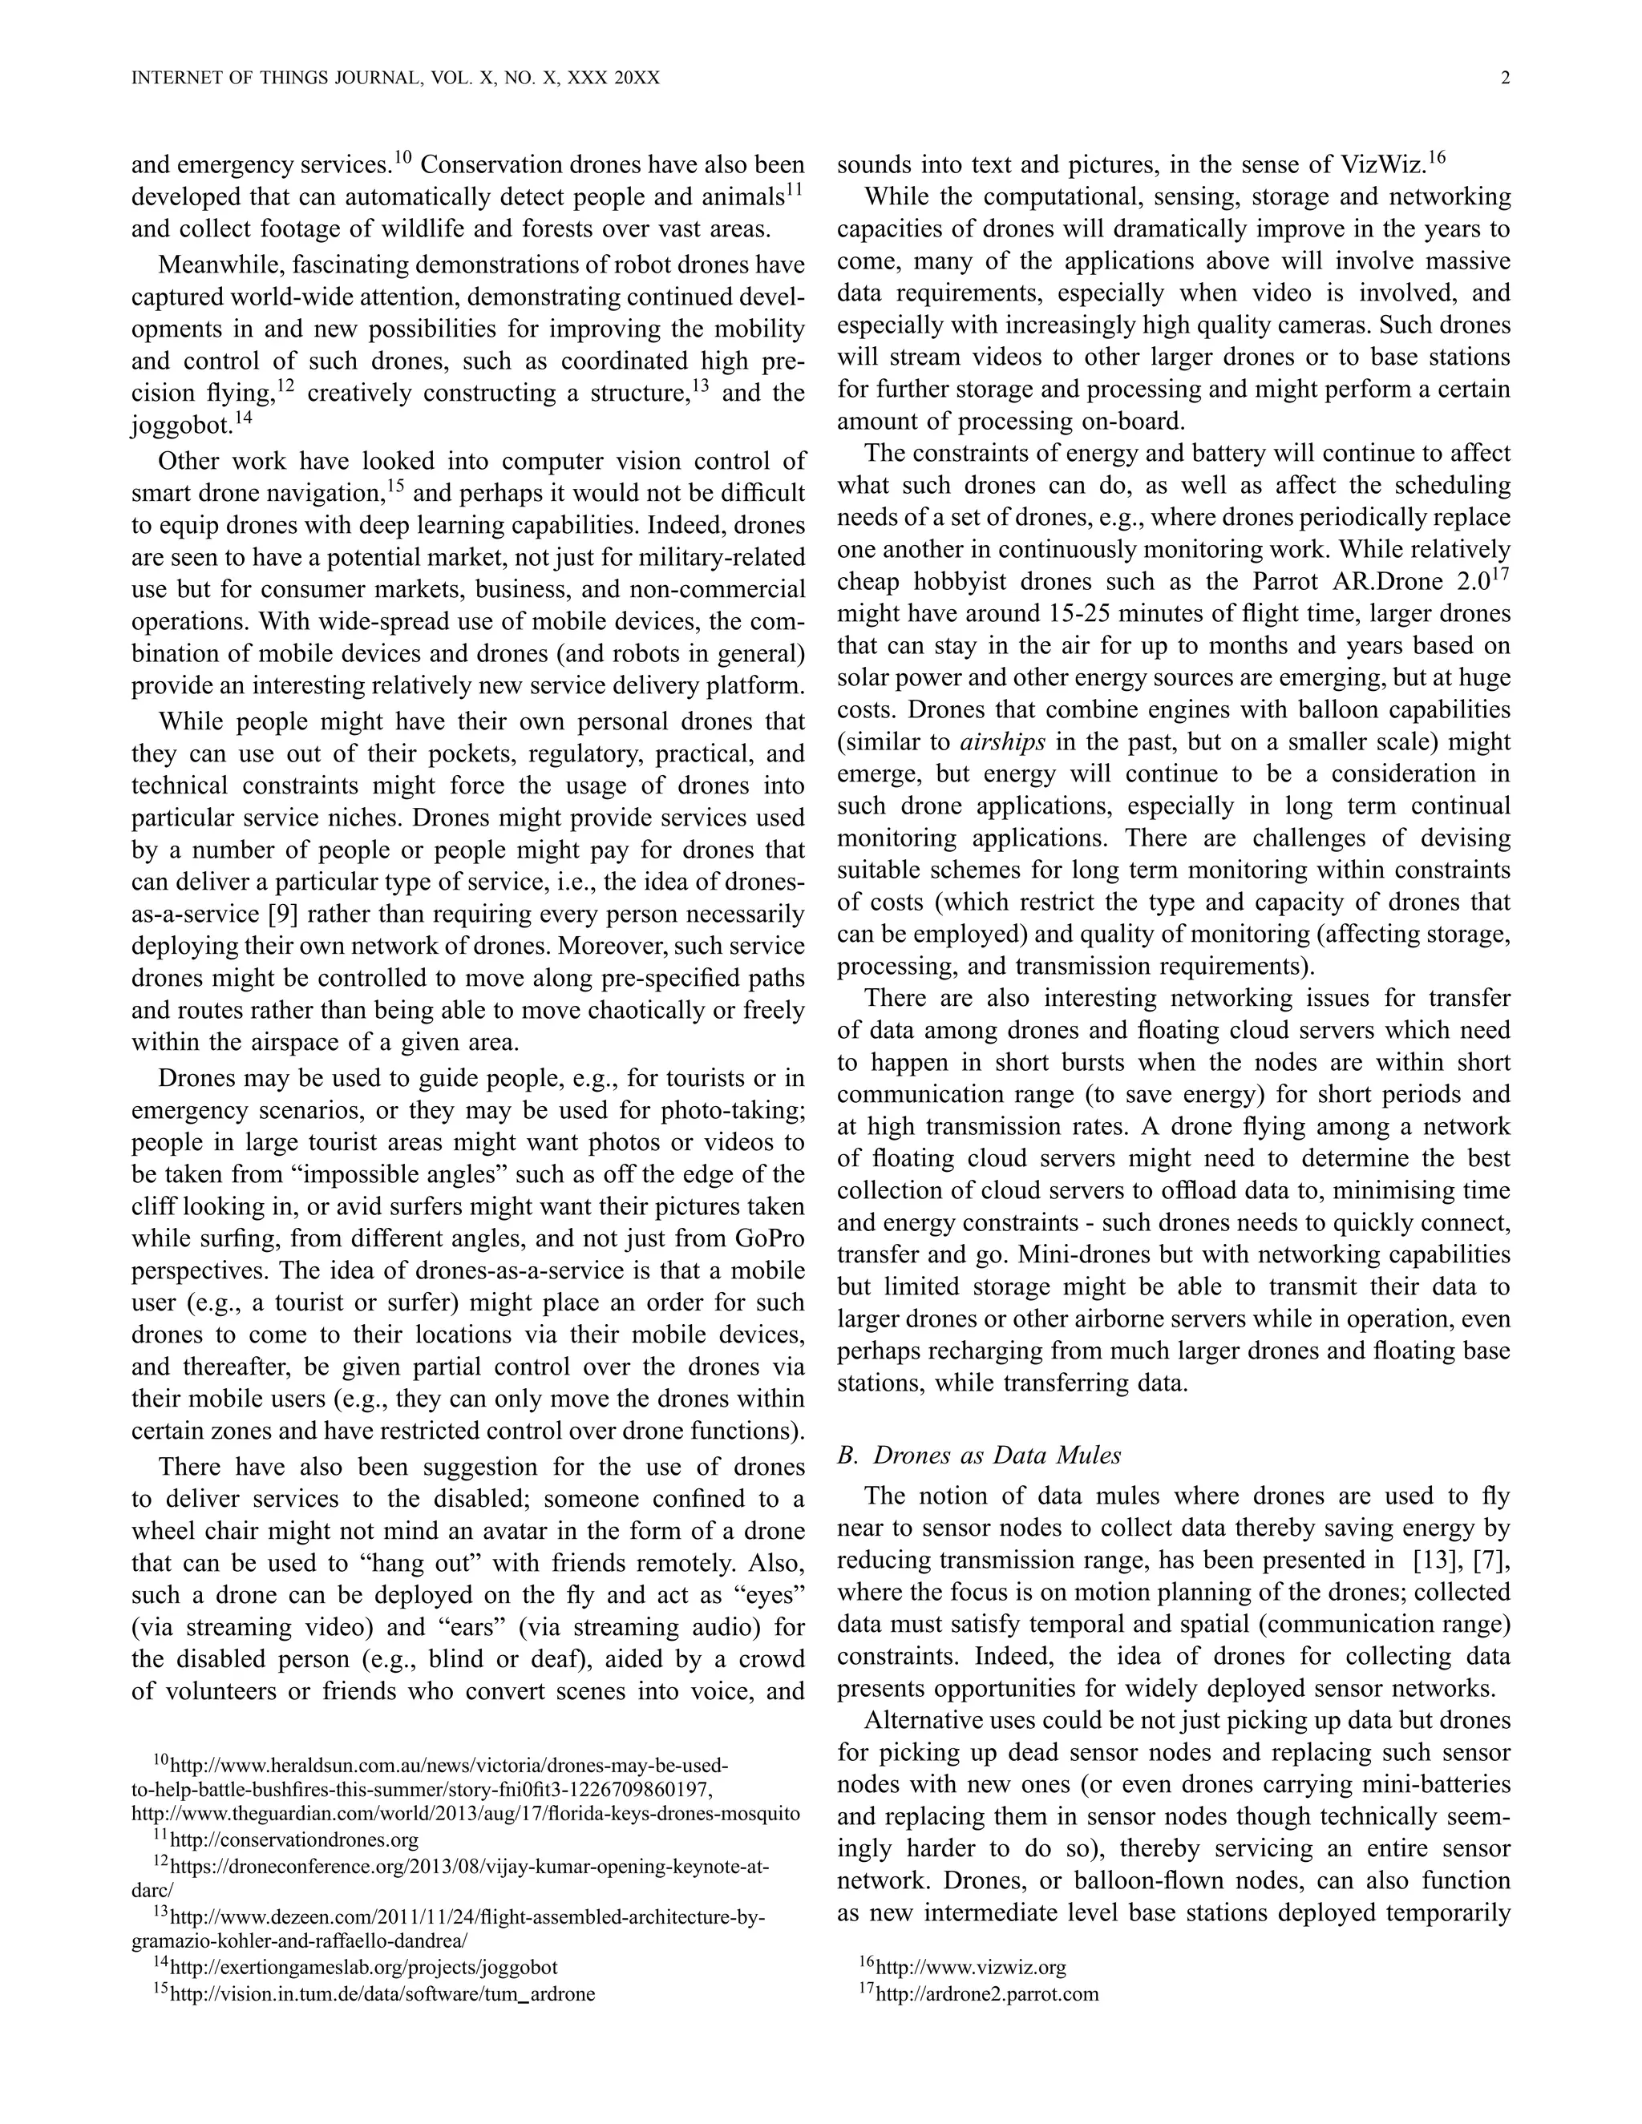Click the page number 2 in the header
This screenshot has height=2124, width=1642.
(x=1505, y=79)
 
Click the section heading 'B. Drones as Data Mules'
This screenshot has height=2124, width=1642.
(x=979, y=1455)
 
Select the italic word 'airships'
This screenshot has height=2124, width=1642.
(x=1002, y=742)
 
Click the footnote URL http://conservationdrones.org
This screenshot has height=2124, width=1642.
(x=293, y=1840)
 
